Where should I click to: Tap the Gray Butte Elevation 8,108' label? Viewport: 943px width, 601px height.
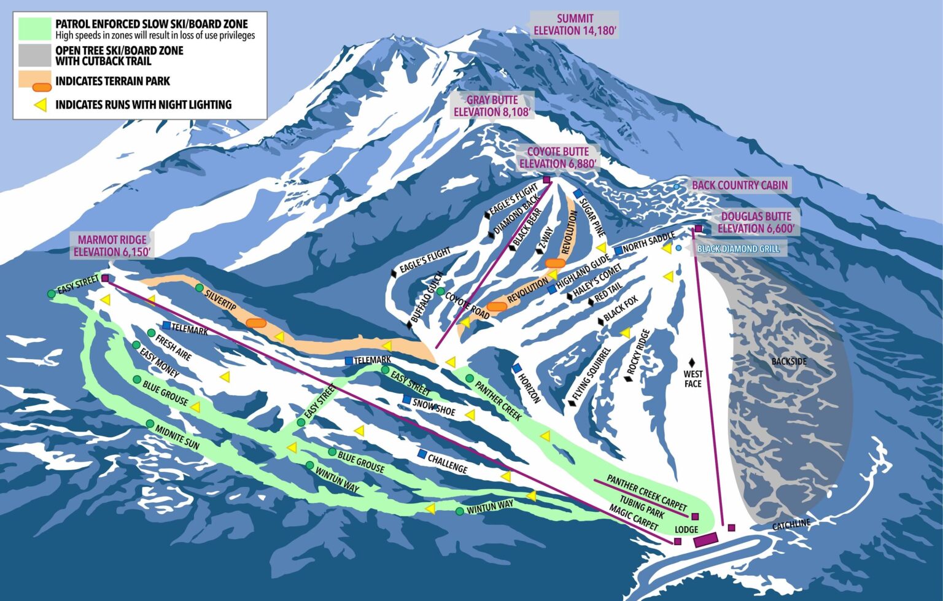point(492,106)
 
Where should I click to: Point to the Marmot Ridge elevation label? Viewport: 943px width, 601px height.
point(112,246)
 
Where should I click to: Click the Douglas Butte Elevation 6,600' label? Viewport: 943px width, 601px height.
point(756,222)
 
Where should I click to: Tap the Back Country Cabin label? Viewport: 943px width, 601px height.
point(739,185)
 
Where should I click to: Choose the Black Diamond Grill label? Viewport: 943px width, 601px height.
point(738,249)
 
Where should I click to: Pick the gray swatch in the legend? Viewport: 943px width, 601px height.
point(34,55)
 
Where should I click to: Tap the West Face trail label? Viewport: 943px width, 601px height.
point(693,379)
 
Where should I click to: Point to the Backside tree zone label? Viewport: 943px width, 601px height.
point(789,362)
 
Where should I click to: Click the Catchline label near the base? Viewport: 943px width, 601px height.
point(791,525)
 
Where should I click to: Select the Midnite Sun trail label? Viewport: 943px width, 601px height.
point(177,437)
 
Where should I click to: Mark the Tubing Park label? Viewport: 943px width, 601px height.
point(642,506)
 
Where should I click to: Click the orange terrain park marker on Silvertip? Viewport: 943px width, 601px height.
point(255,322)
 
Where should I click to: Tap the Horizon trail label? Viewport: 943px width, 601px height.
point(529,387)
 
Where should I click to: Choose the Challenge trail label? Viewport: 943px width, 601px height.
point(448,463)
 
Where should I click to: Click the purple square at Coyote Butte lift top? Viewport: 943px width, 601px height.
point(546,180)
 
